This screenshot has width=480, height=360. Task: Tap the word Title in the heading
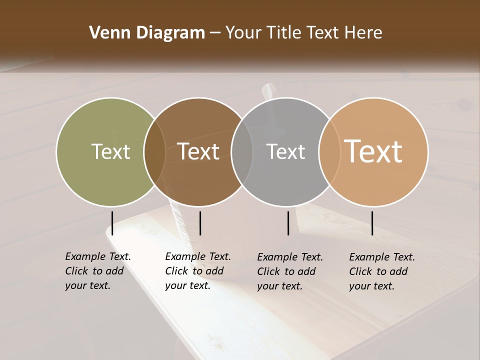point(284,33)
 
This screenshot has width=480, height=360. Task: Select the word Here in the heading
point(363,33)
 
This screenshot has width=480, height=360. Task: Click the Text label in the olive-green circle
point(110,151)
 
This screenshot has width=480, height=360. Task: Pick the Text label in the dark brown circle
point(198,151)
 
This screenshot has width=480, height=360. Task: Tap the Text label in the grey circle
point(285,151)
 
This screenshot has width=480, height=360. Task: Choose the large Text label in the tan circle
point(373,151)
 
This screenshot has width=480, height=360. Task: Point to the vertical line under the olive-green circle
point(112,223)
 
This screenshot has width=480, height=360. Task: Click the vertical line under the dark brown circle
point(200,223)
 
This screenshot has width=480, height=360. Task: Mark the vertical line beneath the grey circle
point(288,223)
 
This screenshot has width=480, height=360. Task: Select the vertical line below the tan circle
point(372,223)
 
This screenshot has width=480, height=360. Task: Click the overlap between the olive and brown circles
point(154,151)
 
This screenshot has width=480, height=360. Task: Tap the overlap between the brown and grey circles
point(242,151)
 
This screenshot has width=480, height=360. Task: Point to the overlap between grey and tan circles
point(329,151)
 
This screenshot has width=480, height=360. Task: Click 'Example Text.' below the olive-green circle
point(98,256)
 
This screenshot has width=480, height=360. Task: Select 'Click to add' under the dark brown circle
point(194,271)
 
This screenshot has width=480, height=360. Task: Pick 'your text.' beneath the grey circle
point(279,286)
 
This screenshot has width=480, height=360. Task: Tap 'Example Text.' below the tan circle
point(382,257)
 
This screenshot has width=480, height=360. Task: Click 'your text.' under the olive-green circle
point(87,285)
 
